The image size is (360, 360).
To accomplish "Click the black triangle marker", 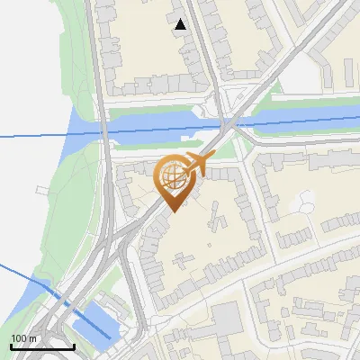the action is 181,24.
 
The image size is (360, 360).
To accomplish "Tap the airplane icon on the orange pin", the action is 193,164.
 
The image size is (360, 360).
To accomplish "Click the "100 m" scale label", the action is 23,337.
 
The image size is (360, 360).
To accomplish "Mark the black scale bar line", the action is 42,346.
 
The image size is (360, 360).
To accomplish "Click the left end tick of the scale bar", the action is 12,345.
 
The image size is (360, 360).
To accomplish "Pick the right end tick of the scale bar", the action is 73,345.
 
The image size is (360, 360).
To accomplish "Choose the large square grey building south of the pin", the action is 227,316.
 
